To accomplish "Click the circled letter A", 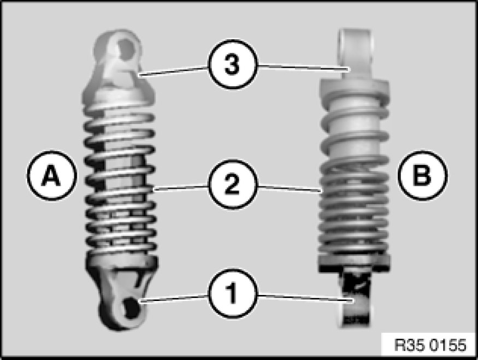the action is coord(52,175).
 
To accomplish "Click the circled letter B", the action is coord(422,175).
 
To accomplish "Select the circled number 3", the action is coord(233,64).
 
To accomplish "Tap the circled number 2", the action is coord(233,185).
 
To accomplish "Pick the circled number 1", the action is coord(233,293).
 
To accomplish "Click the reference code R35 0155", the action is coord(430,345).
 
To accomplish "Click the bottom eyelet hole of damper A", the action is coord(131,308).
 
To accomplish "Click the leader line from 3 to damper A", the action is coord(173,70).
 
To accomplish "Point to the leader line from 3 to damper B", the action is coord(303,67).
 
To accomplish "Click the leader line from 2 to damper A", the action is coord(181,187).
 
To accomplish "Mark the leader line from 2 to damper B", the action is coord(290,188).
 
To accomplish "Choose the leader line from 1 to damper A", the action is coord(174,298).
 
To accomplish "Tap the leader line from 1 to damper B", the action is coord(305,298).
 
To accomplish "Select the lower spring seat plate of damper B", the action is coord(354,262).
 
